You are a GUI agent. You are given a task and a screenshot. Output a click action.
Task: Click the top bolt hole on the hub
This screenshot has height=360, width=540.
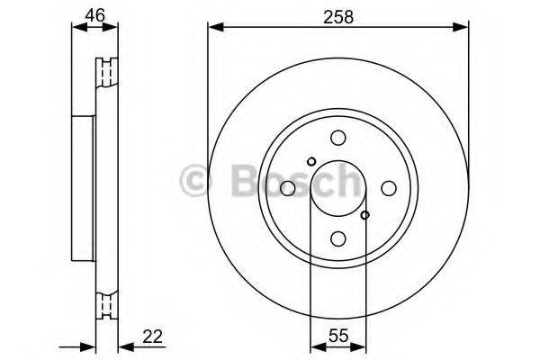[x=338, y=138]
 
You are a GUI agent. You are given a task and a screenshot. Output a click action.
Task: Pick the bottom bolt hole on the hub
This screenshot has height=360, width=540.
[x=338, y=238]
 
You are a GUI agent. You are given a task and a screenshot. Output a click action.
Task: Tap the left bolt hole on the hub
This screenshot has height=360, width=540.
[x=288, y=188]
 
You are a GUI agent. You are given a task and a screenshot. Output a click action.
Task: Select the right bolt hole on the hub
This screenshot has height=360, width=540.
[x=389, y=188]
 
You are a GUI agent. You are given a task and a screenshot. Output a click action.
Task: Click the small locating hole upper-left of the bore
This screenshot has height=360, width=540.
[x=311, y=162]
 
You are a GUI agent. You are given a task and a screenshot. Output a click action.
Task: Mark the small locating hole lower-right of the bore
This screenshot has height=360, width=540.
[x=364, y=215]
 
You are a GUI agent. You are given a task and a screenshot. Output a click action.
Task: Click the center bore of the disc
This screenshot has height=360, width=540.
[x=338, y=188]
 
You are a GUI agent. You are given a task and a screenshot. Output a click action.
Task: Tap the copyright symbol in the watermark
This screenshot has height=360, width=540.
[x=196, y=180]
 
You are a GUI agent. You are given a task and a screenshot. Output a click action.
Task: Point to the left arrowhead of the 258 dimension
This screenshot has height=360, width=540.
[x=212, y=28]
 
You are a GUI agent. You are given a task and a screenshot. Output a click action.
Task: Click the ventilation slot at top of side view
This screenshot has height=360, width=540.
[x=111, y=69]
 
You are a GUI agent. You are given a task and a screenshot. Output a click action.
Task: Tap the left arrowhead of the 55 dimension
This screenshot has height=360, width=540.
[x=314, y=346]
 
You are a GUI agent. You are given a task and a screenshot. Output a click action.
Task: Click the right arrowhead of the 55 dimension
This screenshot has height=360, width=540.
[x=362, y=346]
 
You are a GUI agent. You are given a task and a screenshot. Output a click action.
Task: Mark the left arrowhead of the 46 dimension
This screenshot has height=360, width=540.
[x=75, y=28]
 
